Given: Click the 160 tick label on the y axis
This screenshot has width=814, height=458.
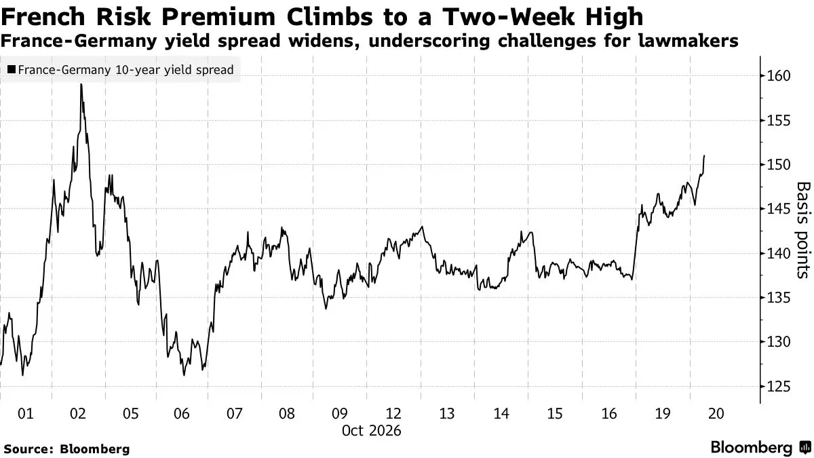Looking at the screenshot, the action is [x=779, y=76].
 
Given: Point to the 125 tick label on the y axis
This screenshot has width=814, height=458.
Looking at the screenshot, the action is [x=779, y=386].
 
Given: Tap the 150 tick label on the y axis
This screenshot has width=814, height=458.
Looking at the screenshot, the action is [x=779, y=165].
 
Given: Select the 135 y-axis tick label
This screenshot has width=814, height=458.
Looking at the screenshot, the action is [x=779, y=298].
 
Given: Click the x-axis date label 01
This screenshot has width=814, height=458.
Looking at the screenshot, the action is [x=26, y=414].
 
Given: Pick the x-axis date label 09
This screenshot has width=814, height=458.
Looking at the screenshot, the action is [x=339, y=414].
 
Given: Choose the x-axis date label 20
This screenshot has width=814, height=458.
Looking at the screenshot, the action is [x=716, y=414].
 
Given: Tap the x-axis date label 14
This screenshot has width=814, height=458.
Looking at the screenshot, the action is [x=501, y=414].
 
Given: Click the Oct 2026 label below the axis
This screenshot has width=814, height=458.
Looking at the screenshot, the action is [x=372, y=431].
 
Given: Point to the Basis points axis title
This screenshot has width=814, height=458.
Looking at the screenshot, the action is [x=803, y=230].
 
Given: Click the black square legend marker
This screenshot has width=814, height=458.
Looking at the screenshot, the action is [x=12, y=69].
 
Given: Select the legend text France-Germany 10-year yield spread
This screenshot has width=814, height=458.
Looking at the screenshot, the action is [x=125, y=70].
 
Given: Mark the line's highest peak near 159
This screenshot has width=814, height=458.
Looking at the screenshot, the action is [x=81, y=84].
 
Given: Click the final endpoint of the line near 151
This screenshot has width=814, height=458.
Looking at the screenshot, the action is [x=704, y=155].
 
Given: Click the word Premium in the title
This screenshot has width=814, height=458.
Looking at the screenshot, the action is [x=218, y=17].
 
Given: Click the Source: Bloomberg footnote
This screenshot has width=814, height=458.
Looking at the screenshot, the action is [x=66, y=449].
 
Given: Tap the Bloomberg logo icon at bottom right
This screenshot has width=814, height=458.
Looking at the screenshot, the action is [x=806, y=447].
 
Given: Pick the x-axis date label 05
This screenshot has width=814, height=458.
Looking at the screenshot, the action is [x=130, y=414].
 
